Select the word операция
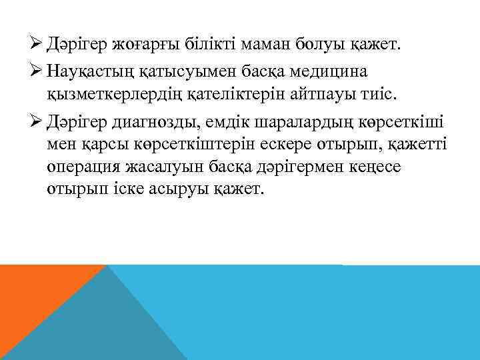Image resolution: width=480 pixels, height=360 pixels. click(84, 167)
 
